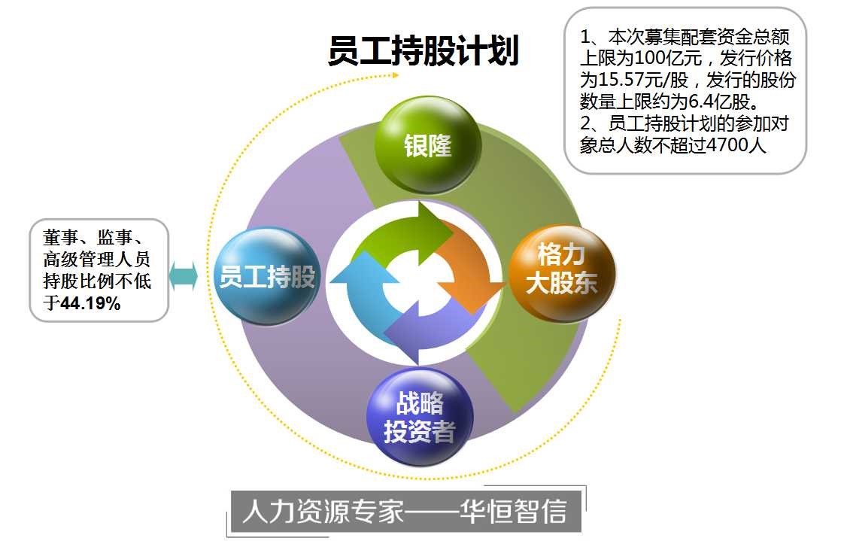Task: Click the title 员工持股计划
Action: coord(423,50)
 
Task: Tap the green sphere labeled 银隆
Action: coord(427,144)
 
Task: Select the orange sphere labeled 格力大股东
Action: coord(561,274)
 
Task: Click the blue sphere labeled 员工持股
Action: coord(267,275)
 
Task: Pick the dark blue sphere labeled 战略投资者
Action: coord(420,417)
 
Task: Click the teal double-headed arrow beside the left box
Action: coord(184,277)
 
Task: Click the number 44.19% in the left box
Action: coord(90,303)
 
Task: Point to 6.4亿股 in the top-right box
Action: coord(719,101)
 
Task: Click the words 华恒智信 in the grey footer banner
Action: coord(514,511)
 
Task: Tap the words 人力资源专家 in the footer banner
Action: coord(323,511)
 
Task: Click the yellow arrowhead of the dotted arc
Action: coord(396,74)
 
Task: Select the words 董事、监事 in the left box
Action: coord(87,238)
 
